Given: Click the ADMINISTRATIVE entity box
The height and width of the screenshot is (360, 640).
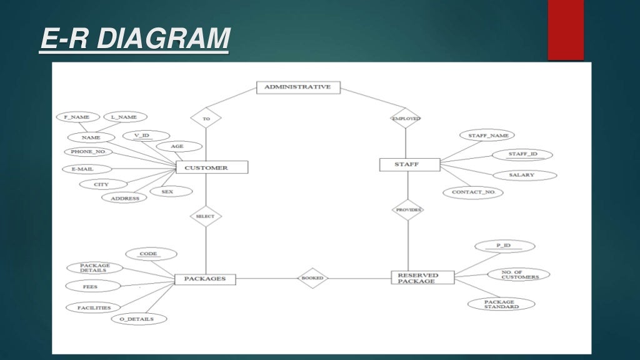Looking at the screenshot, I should point(298,87).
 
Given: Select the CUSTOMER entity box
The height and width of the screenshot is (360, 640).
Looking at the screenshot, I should point(211,167).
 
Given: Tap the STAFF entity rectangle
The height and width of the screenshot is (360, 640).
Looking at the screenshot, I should point(409,164).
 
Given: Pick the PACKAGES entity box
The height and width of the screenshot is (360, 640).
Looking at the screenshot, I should point(205,279).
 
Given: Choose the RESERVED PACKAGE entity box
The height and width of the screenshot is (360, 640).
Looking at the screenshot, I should point(422,278).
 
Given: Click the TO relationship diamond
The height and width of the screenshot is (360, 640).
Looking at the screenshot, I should point(206,117).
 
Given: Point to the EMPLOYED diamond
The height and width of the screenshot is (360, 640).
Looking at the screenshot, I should point(405,117).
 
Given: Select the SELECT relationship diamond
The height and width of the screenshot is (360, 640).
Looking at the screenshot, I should point(206,216).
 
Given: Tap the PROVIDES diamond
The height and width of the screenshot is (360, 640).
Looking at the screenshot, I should point(407,210).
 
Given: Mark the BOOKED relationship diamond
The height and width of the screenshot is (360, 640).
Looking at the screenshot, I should point(312,278).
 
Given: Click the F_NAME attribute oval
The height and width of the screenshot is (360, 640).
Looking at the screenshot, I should point(76,117).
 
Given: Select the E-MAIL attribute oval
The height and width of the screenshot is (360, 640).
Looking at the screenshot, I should point(86,169).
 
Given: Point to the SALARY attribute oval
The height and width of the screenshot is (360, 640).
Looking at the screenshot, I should point(521,175).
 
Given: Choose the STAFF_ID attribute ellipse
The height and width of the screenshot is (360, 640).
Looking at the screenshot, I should point(522,154).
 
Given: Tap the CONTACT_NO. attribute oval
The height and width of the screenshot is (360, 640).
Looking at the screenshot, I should point(473,192).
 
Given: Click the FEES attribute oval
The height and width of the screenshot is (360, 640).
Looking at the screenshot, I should point(89,286).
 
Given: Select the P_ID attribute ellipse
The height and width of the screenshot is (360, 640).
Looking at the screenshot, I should point(503,246).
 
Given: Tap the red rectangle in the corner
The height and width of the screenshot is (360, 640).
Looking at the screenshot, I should point(566,29).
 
